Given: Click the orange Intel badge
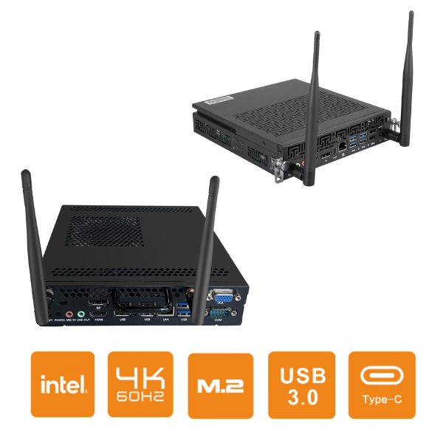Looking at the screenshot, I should pyautogui.click(x=63, y=383).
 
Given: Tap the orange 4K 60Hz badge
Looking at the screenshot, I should pyautogui.click(x=140, y=383).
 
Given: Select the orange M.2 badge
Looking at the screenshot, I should pyautogui.click(x=219, y=383).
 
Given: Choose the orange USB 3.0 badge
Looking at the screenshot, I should pyautogui.click(x=301, y=383).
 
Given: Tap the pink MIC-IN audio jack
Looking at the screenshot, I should pyautogui.click(x=69, y=313).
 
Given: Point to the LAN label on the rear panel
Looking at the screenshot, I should pyautogui.click(x=167, y=318).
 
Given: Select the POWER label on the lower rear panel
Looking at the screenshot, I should pyautogui.click(x=59, y=323).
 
